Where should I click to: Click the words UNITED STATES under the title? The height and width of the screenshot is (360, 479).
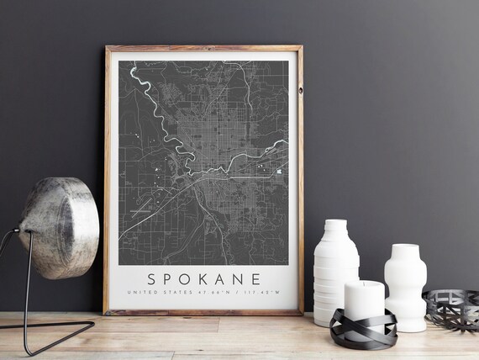[154, 293]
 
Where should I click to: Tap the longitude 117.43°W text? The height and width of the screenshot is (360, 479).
[245, 293]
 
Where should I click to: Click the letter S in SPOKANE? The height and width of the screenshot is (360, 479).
[152, 277]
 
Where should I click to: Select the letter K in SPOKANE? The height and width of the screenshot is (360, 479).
[204, 277]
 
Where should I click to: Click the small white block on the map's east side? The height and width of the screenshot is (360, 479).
[279, 172]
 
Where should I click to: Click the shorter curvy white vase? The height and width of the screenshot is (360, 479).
[405, 286]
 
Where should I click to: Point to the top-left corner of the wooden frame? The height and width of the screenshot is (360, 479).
[107, 48]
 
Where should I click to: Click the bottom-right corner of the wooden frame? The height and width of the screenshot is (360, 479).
[302, 312]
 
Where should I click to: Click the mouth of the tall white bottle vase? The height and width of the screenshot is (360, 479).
[335, 223]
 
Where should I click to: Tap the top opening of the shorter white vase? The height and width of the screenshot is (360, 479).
[406, 246]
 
